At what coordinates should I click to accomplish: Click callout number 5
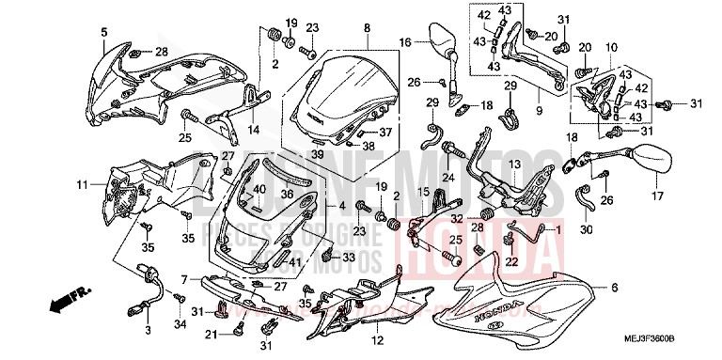104,33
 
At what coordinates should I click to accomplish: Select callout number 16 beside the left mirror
404,42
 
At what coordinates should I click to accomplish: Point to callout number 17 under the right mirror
655,197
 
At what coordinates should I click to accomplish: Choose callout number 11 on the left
81,183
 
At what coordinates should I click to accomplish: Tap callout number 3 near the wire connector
147,332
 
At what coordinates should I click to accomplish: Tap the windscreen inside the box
335,89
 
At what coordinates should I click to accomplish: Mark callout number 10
611,46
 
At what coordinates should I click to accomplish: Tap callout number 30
586,229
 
